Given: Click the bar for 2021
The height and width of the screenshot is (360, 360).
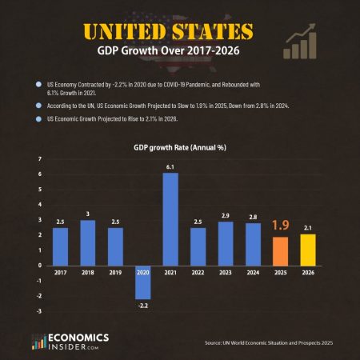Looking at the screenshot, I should coord(170,218).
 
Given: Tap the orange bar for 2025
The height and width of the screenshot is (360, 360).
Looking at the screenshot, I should coord(281,250).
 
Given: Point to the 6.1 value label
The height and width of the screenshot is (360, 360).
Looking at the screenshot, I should coord(170,166).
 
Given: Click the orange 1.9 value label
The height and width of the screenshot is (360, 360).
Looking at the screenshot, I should coord(281,226).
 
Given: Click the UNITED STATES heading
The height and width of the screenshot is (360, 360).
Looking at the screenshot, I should coord(167,32).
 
